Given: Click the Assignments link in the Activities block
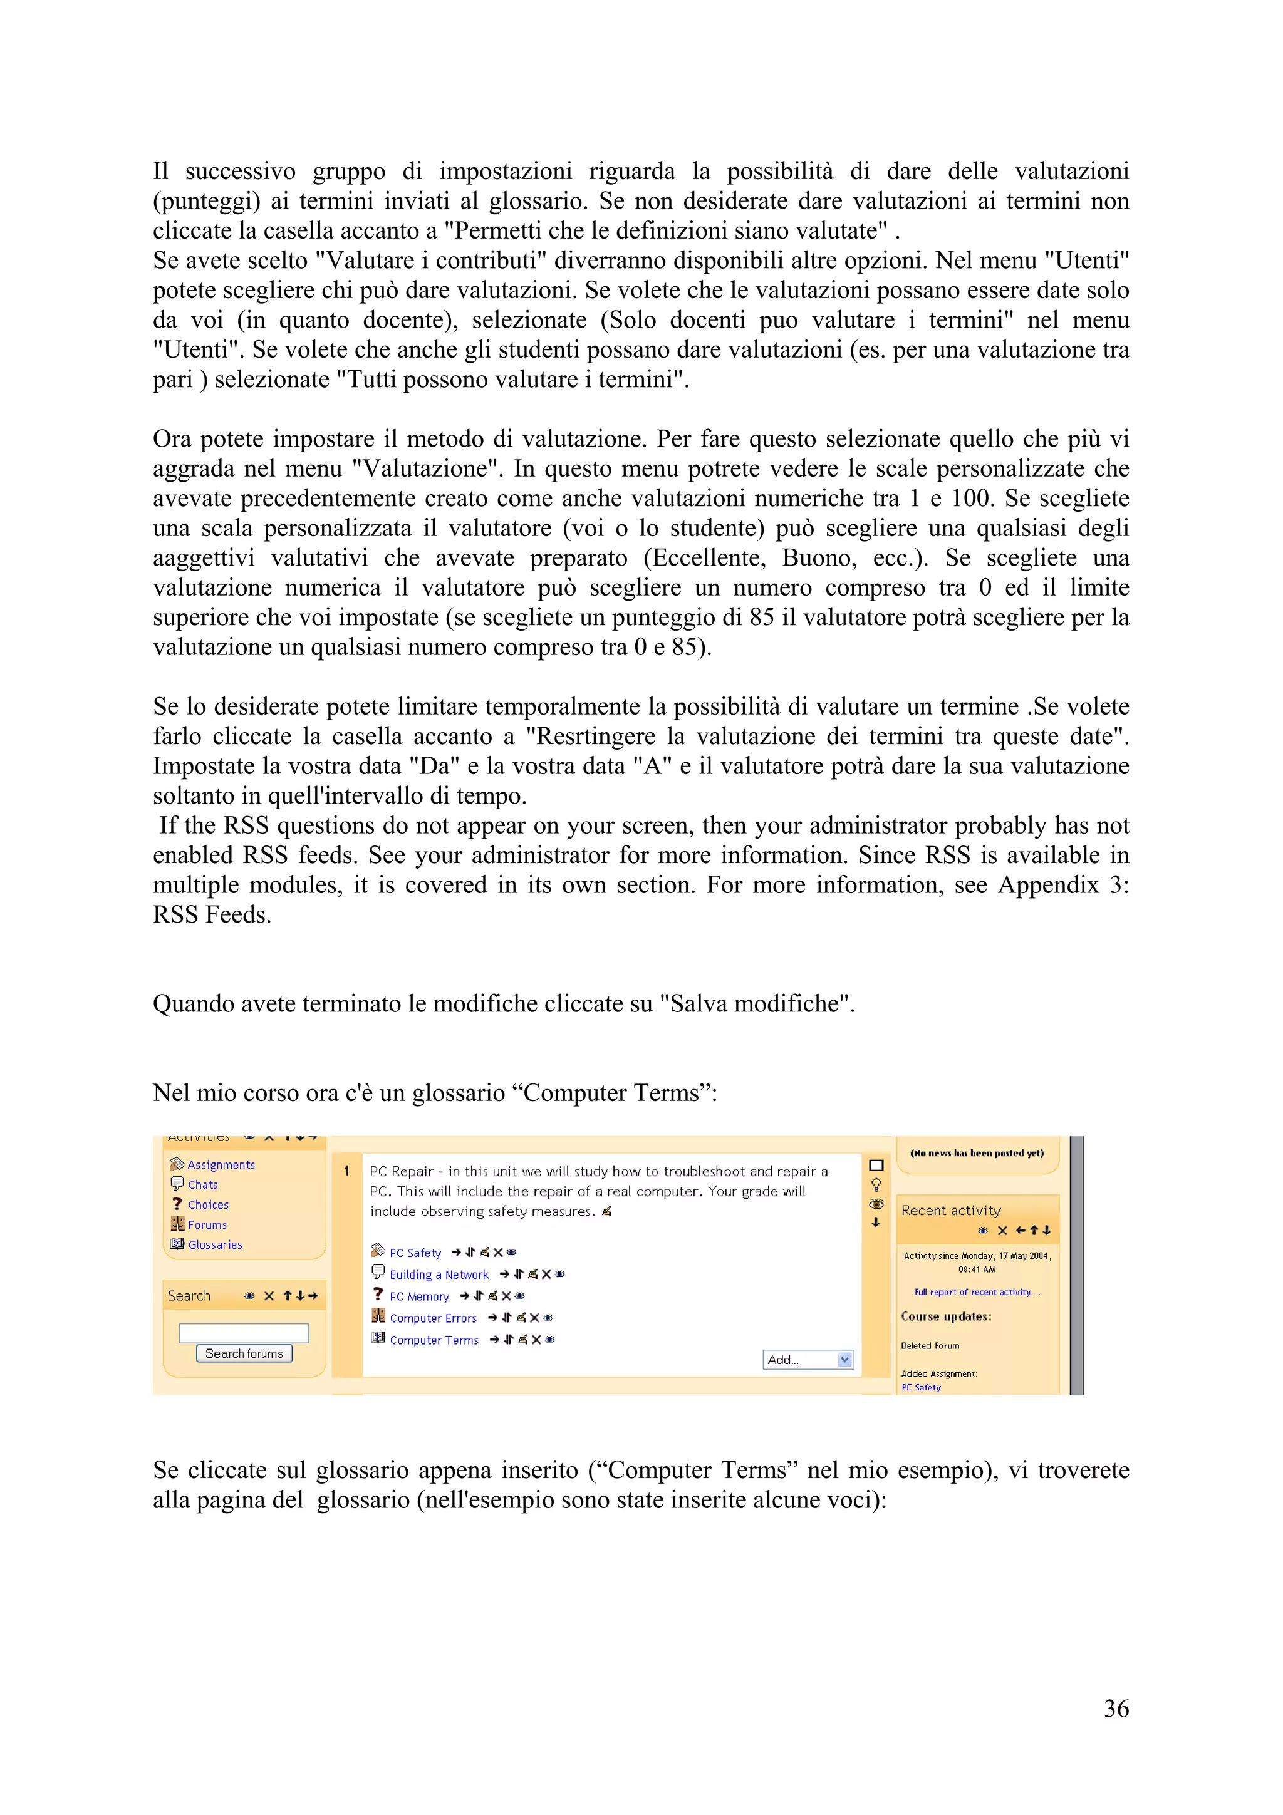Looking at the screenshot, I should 221,1164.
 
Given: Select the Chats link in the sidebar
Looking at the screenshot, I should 202,1184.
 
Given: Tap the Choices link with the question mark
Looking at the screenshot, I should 208,1205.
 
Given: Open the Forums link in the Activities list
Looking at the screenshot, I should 207,1224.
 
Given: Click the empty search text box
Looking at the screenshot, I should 244,1333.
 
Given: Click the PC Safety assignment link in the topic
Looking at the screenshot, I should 415,1253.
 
